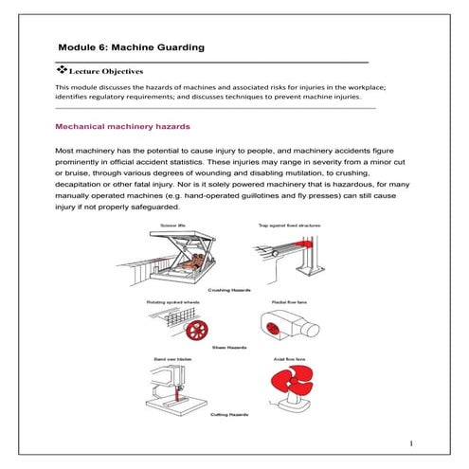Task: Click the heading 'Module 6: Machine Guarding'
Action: tap(131, 46)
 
